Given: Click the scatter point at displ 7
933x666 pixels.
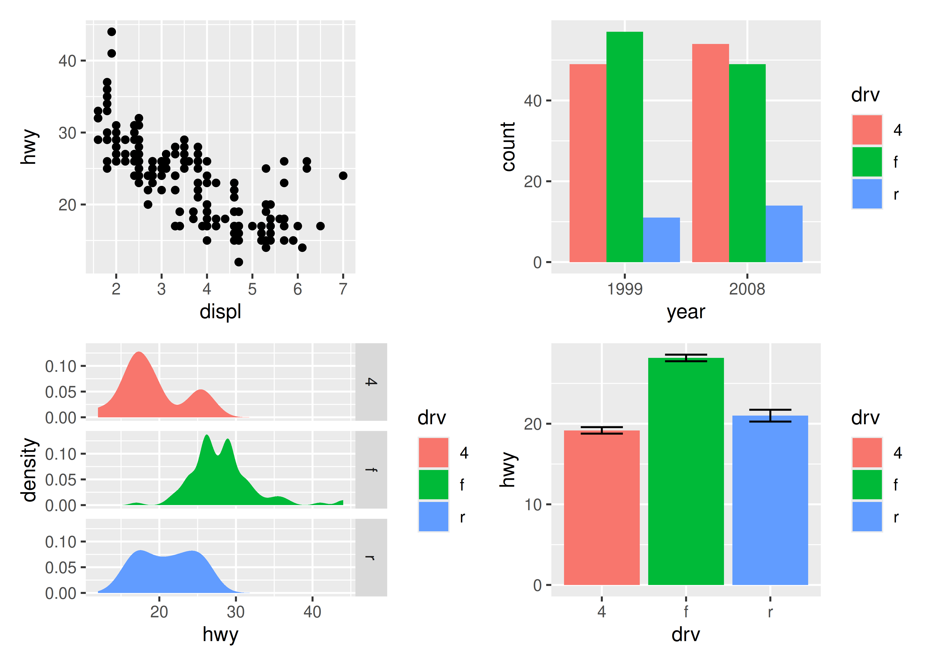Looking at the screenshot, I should coord(343,176).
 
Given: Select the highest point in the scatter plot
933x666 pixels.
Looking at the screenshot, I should coord(112,32).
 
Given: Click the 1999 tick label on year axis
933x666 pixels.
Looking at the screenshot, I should coord(624,289).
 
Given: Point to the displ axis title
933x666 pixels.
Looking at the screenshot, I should coord(220,312).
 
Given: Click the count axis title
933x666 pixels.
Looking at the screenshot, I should coord(508,146).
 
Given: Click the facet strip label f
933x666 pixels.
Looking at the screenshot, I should coord(371,470).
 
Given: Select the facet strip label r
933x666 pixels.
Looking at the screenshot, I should coord(371,557).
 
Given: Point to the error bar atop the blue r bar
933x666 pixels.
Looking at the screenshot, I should coord(770,415).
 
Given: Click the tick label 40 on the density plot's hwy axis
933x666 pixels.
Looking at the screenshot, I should coord(312,612).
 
